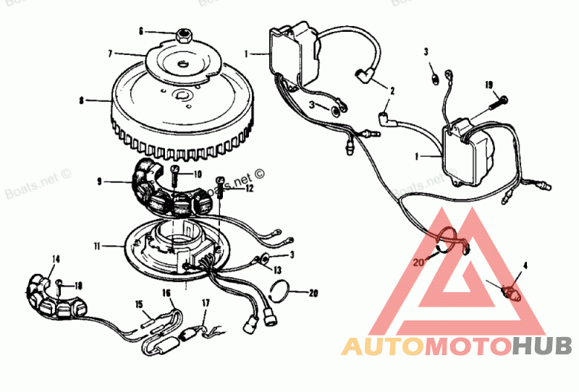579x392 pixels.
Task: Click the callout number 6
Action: coord(142,31)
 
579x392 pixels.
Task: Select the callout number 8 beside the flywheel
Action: coord(82,101)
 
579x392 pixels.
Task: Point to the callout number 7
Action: coord(109,54)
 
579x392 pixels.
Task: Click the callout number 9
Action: coord(99,182)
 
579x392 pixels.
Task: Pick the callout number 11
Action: coord(97,246)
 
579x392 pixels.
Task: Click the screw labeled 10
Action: coord(176,171)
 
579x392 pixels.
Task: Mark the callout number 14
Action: coord(56,258)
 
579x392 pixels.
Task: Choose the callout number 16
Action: coord(166,294)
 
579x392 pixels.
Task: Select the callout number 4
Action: coord(525,265)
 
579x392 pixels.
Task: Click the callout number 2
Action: coord(392,91)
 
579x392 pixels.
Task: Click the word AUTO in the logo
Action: coord(383,347)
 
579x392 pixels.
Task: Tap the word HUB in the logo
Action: coord(541,347)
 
